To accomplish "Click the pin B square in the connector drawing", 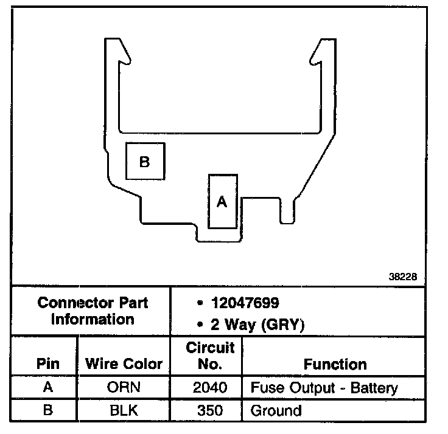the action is tap(144, 161).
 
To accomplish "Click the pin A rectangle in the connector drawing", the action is tap(222, 201).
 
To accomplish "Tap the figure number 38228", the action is tap(403, 276).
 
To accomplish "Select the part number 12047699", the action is tap(245, 303).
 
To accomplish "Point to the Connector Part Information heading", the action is tap(93, 311).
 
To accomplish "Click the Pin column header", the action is tap(48, 364).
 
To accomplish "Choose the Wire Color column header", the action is tap(124, 364).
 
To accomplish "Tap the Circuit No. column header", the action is tap(210, 356).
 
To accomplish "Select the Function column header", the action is tap(335, 364).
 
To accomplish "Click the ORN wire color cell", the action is tap(124, 388).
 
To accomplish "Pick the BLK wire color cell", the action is tap(124, 410).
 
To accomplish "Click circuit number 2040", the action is tap(209, 388).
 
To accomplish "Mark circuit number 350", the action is tap(209, 410).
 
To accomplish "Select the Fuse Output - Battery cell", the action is tap(324, 388).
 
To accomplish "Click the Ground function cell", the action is tap(276, 410).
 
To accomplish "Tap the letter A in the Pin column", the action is tap(47, 388).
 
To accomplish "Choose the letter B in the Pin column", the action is tap(47, 410).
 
